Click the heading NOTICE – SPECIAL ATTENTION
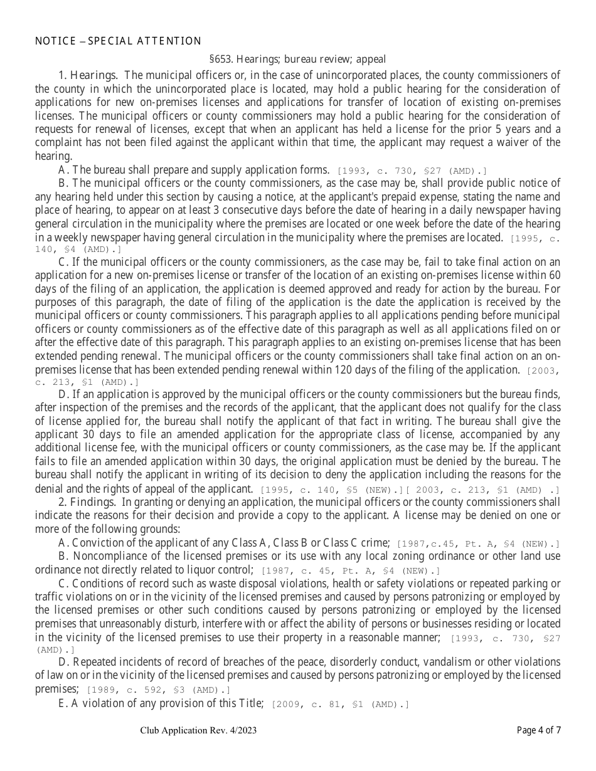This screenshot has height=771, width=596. click(118, 41)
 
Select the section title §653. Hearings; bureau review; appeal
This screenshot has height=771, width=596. click(297, 60)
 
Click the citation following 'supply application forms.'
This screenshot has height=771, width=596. click(412, 170)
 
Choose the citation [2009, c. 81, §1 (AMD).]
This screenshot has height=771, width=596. click(340, 705)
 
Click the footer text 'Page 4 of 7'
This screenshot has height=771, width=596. click(538, 730)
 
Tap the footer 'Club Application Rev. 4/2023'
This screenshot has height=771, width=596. click(198, 730)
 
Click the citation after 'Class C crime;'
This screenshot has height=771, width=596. click(477, 543)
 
